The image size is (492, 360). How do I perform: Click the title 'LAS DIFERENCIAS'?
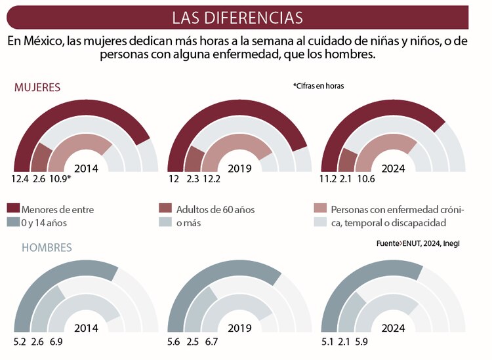237,17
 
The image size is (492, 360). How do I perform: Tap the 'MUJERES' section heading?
37,87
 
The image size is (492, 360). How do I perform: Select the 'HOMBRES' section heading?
47,248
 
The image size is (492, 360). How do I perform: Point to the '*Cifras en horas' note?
318,86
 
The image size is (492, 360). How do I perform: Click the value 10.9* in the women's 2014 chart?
60,178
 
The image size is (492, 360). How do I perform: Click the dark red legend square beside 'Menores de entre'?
12,209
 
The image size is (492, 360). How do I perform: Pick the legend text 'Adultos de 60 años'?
215,210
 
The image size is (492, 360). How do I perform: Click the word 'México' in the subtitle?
43,41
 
